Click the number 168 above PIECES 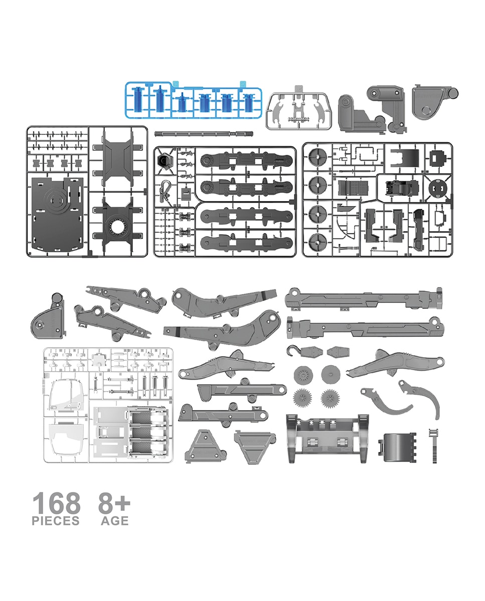point(57,503)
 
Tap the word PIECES point(56,521)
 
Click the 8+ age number point(114,503)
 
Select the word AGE point(115,521)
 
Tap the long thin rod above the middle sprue point(204,134)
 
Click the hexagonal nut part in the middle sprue point(163,161)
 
